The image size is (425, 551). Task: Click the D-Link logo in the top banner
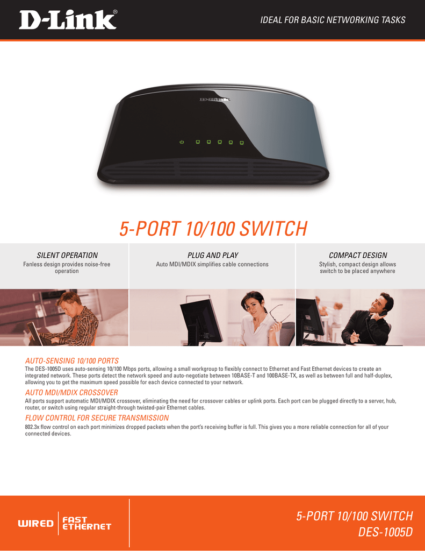click(68, 20)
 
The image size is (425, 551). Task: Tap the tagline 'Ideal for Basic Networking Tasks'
click(333, 20)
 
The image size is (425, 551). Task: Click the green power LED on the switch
click(182, 142)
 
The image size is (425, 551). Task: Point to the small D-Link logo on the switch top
click(215, 100)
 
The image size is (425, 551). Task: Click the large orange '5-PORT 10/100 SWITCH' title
click(213, 228)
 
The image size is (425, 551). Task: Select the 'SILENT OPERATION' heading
click(67, 255)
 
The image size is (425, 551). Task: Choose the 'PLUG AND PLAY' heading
click(213, 255)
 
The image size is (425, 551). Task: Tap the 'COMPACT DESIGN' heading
click(358, 255)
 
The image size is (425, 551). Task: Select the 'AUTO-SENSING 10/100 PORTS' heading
click(71, 361)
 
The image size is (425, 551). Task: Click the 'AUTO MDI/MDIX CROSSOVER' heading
click(71, 392)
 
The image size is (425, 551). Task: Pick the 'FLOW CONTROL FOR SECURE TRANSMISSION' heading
click(97, 418)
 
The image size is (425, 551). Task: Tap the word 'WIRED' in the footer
click(36, 524)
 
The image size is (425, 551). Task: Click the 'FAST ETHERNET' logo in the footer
click(87, 523)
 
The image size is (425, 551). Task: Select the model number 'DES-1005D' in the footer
click(385, 532)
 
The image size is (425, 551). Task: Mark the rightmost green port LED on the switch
click(242, 143)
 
